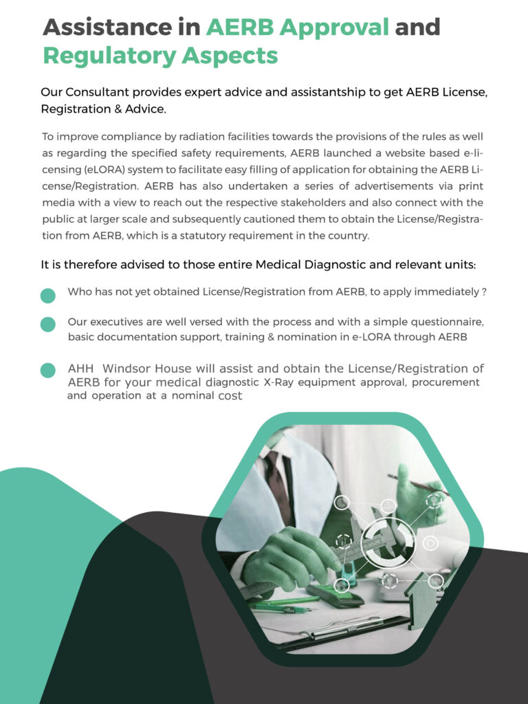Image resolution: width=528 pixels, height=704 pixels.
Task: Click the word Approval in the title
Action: pos(298,27)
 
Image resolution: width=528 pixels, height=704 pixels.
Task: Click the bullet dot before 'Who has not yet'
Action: pos(48,296)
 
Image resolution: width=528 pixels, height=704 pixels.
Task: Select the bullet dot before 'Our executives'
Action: pos(48,324)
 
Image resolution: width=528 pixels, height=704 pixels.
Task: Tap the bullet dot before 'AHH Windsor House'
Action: pos(48,371)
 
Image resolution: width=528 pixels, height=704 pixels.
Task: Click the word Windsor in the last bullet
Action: pos(131,369)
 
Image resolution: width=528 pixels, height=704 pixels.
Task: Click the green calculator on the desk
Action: pos(335,593)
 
